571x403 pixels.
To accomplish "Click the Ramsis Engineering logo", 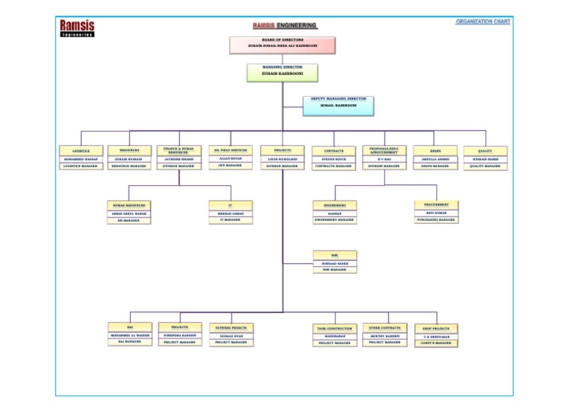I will (x=77, y=28).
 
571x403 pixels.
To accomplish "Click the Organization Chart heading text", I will (x=483, y=22).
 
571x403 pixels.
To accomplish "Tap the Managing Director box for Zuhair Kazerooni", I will (x=283, y=71).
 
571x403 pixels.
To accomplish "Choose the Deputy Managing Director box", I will (x=338, y=105).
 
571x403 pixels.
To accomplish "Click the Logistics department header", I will (x=80, y=150).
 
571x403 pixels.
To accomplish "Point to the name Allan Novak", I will (x=230, y=158).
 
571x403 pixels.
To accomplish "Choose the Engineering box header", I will (x=335, y=204).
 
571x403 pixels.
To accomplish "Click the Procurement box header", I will (x=436, y=204).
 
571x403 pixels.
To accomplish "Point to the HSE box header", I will (x=335, y=255).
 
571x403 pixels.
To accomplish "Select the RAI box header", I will (x=130, y=327).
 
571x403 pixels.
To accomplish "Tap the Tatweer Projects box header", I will (x=231, y=327).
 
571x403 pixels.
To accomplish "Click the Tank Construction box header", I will (x=335, y=328).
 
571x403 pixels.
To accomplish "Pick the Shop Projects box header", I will (x=436, y=328).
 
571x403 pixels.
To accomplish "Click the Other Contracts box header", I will (x=384, y=327).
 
